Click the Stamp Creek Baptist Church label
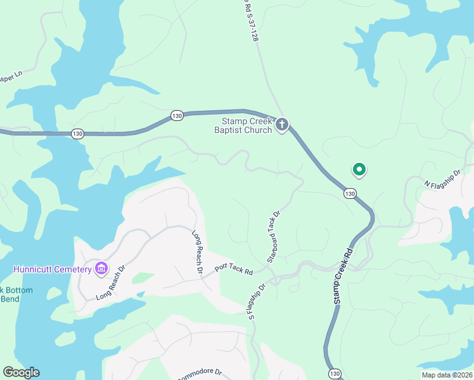[x=246, y=125]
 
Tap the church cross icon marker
[x=282, y=125]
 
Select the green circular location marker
[x=359, y=169]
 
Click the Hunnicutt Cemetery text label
[x=52, y=269]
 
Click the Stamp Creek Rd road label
[x=343, y=277]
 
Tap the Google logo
[x=21, y=372]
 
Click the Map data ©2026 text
[x=447, y=375]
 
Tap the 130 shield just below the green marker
[x=349, y=193]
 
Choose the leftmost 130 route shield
[x=77, y=133]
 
